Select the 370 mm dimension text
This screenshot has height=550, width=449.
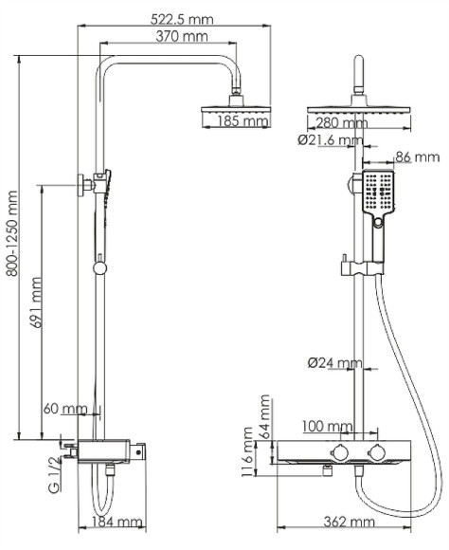click(182, 37)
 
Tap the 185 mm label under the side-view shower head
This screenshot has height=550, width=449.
click(243, 121)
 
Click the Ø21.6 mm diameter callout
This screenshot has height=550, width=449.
click(329, 140)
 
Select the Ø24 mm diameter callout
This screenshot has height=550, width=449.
click(335, 362)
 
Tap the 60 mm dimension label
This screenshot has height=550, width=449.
click(65, 409)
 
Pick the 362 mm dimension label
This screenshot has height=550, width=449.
click(345, 522)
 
